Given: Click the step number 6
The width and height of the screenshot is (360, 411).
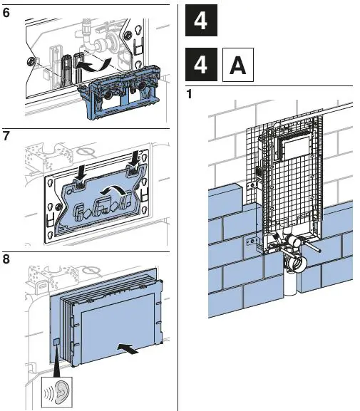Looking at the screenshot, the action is point(6,13).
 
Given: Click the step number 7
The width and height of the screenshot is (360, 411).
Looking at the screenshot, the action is point(6,136).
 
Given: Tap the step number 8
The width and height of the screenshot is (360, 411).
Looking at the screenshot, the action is point(6,259).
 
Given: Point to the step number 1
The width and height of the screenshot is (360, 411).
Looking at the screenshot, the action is point(189,94).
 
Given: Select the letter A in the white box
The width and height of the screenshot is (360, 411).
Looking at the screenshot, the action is point(238,65).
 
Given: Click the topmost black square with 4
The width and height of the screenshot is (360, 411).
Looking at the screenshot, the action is point(201,20).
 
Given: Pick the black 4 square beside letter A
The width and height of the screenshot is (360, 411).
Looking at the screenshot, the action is point(201,65).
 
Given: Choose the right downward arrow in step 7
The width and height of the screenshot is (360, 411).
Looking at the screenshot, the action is point(135,159).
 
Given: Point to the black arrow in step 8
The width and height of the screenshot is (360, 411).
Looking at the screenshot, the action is point(128,348).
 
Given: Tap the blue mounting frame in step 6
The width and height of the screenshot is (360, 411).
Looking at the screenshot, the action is point(119,92).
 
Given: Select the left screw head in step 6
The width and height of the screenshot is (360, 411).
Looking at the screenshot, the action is point(31,62).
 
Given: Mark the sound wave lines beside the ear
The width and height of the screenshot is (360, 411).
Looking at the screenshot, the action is point(48,393).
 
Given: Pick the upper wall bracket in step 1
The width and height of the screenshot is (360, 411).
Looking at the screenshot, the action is point(252,186).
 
